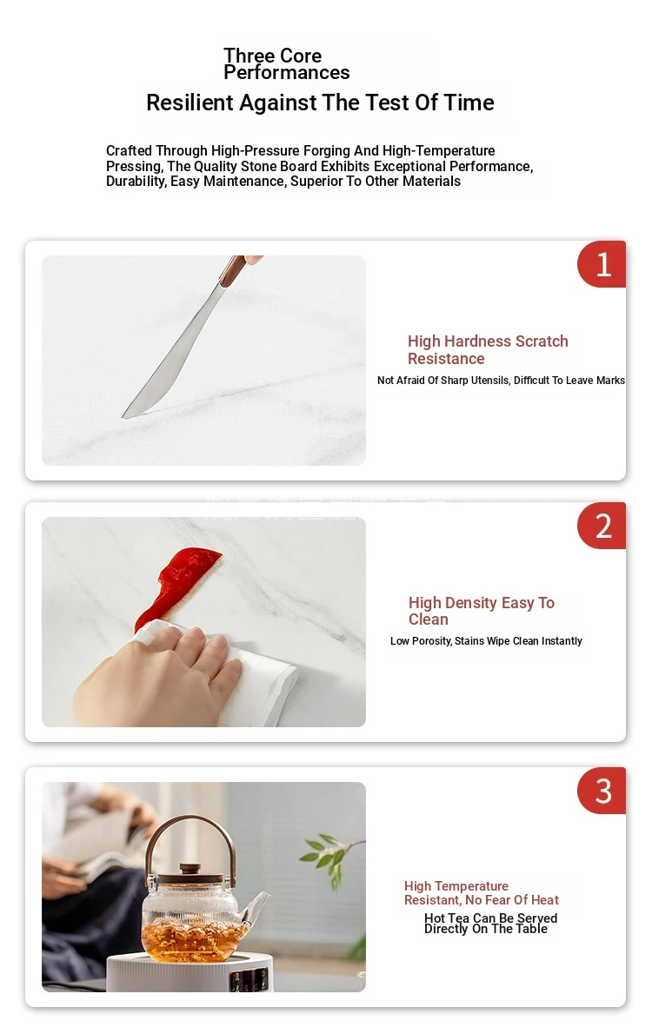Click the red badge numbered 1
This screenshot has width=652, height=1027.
coord(602,264)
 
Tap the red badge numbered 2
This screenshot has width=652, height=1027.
coord(602,526)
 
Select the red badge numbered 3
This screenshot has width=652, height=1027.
coord(602,791)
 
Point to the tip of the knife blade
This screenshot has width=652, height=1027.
coord(123,416)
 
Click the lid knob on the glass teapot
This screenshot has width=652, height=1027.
coord(190,869)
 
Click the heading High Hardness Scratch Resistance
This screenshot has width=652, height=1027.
coord(488,350)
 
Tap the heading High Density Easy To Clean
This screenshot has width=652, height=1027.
coord(481,611)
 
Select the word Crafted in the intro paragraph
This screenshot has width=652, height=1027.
coord(129,150)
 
